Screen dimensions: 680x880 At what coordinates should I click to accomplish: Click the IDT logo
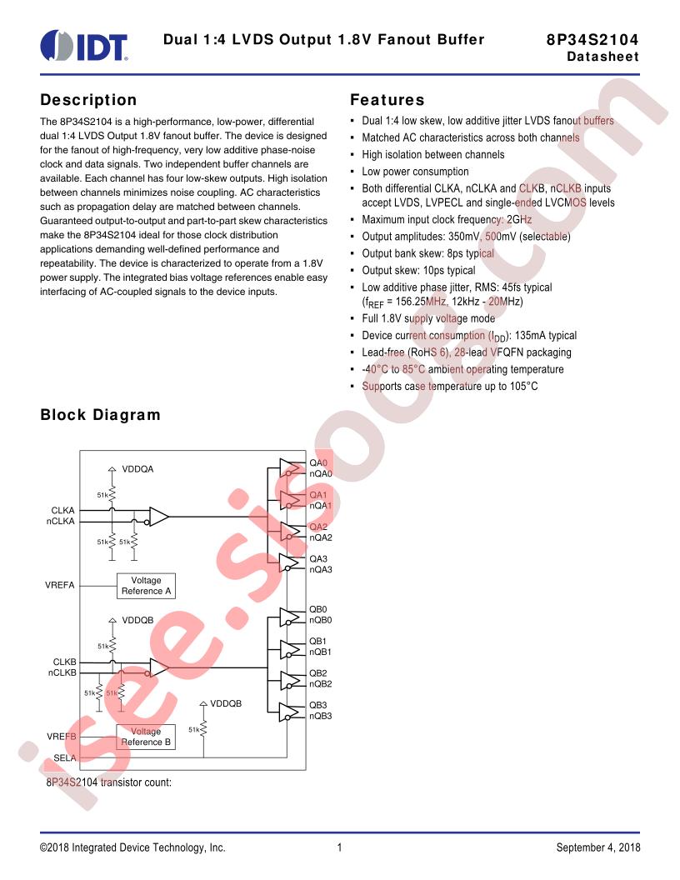point(84,46)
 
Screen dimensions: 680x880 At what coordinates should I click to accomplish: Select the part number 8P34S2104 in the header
point(592,39)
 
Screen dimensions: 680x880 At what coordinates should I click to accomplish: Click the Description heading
point(88,100)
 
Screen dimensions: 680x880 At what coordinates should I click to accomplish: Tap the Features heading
point(387,100)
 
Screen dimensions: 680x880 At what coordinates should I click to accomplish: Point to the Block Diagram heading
point(101,415)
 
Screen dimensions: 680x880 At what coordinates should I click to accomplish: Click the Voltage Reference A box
point(146,585)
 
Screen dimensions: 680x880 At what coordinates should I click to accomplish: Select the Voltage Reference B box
point(146,737)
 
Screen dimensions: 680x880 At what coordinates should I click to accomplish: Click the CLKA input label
point(62,510)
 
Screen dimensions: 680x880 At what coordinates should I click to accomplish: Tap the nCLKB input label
point(62,672)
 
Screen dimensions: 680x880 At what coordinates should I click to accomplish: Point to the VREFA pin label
point(59,585)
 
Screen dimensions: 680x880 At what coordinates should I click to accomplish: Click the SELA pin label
point(64,757)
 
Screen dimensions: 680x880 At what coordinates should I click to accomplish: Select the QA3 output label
point(318,559)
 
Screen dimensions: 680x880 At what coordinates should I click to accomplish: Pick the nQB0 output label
point(320,620)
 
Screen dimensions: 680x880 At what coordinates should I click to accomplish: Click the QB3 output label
point(318,705)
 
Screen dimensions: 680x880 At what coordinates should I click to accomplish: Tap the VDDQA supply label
point(138,469)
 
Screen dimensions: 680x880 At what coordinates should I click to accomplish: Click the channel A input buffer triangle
point(158,517)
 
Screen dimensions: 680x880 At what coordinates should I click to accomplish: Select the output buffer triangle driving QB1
point(289,649)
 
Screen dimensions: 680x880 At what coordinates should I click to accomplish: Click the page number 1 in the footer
point(339,847)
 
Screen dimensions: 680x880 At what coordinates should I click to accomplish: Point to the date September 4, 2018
point(598,847)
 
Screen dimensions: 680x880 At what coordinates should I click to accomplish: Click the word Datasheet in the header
point(602,57)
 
